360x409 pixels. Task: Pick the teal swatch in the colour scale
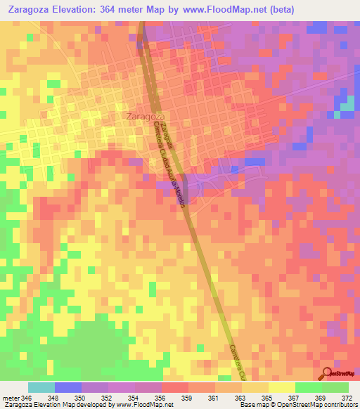(x=41, y=387)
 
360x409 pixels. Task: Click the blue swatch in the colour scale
(x=68, y=387)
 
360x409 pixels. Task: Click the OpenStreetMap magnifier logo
(x=328, y=373)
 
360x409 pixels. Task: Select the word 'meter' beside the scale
(x=11, y=397)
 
